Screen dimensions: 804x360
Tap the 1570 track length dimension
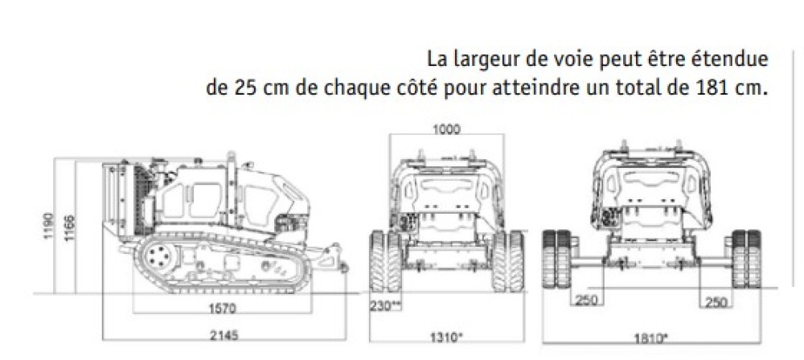[x=222, y=309]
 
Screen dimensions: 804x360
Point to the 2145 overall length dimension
[x=224, y=335]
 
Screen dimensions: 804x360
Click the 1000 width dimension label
[x=446, y=129]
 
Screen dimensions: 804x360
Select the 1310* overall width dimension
[x=446, y=337]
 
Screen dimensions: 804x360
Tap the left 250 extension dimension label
[x=585, y=300]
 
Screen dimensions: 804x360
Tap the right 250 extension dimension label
[x=716, y=303]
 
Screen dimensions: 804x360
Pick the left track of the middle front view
[x=385, y=261]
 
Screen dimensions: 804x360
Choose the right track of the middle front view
[x=507, y=261]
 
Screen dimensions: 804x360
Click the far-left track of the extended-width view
[x=557, y=259]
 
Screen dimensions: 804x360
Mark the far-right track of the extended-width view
[x=747, y=259]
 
